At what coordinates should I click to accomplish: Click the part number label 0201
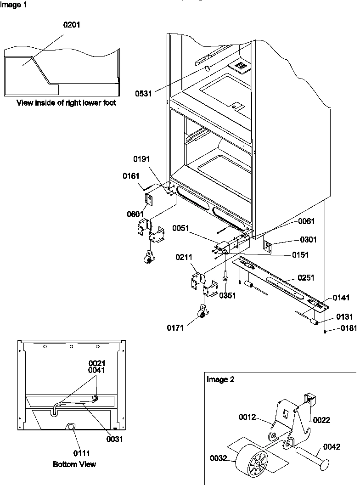[x=72, y=25]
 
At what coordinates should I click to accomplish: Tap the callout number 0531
[x=143, y=93]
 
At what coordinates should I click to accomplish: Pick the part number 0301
[x=308, y=239]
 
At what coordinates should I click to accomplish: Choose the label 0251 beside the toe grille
[x=307, y=277]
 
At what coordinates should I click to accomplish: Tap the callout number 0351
[x=227, y=296]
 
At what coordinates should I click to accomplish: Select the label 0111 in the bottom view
[x=73, y=451]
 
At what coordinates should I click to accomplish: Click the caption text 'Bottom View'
[x=74, y=464]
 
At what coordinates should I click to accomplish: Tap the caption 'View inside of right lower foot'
[x=66, y=103]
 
